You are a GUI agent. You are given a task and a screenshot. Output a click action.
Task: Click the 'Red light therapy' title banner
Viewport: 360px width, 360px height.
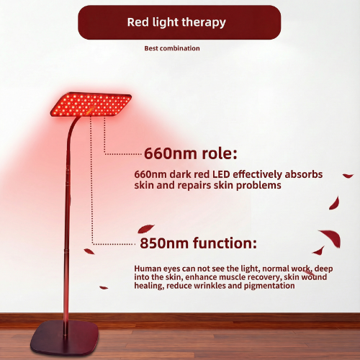click(179, 22)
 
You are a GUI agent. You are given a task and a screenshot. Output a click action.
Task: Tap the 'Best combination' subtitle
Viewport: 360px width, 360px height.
click(173, 49)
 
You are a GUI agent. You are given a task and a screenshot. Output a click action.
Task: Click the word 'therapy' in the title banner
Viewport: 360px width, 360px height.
click(202, 22)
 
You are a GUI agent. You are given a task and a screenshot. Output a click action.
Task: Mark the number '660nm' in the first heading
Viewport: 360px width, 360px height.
click(165, 153)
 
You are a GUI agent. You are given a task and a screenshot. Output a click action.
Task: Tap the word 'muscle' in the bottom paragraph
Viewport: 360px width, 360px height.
click(243, 277)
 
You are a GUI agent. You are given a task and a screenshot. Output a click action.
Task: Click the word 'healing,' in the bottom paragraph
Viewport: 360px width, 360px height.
click(151, 286)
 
